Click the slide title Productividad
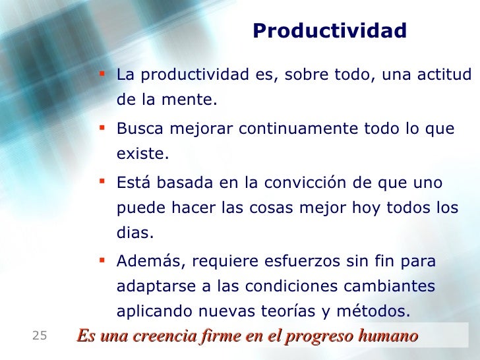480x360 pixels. pos(329,31)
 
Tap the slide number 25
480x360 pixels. pos(40,336)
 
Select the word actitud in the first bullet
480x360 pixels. pos(445,75)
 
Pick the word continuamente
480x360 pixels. pos(299,129)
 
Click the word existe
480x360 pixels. pos(142,155)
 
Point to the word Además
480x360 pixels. pos(144,262)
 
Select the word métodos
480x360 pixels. pos(382,311)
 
